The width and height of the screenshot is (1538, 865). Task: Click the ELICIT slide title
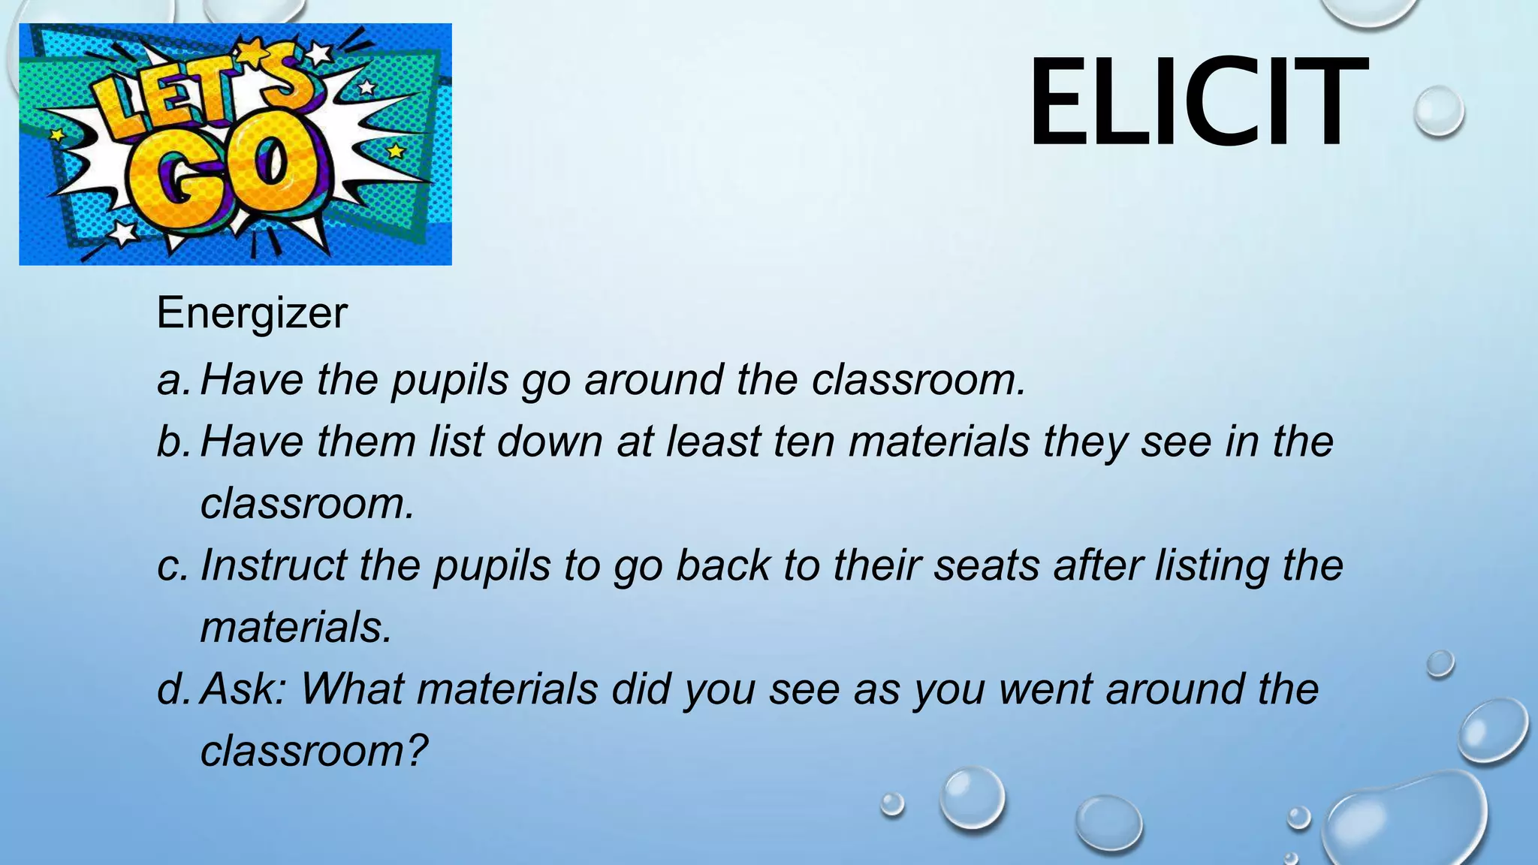tap(1197, 103)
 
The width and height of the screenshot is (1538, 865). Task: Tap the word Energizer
tap(252, 312)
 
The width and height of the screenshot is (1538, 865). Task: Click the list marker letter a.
tap(172, 380)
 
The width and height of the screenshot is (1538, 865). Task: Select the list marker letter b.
tap(172, 442)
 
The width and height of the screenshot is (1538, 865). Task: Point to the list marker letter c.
tap(172, 565)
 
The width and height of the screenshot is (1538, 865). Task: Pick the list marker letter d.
tap(172, 689)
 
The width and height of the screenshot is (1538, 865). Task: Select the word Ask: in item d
tap(243, 689)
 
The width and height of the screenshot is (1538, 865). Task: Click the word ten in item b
tap(804, 442)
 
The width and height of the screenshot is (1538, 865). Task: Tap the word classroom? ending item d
tap(314, 750)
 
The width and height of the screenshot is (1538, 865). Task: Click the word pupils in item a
tap(451, 380)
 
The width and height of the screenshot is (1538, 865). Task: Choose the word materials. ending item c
tap(296, 627)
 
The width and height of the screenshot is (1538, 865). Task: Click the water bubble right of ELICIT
tap(1438, 110)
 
